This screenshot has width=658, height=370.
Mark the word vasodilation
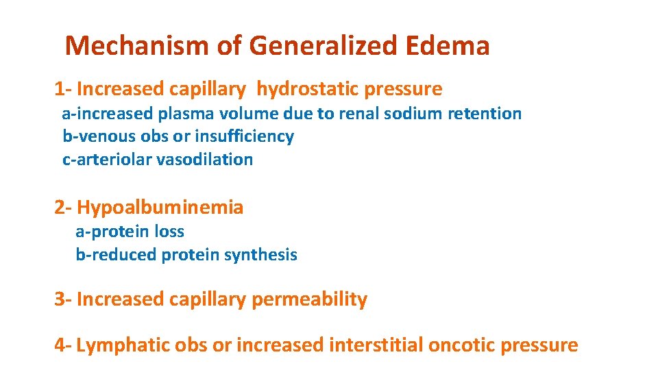pyautogui.click(x=205, y=160)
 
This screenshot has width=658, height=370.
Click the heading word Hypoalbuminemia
pyautogui.click(x=160, y=207)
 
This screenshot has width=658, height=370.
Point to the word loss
pyautogui.click(x=169, y=232)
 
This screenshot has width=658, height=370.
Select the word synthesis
pyautogui.click(x=263, y=255)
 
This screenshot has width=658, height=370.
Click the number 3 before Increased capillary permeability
pyautogui.click(x=60, y=299)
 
